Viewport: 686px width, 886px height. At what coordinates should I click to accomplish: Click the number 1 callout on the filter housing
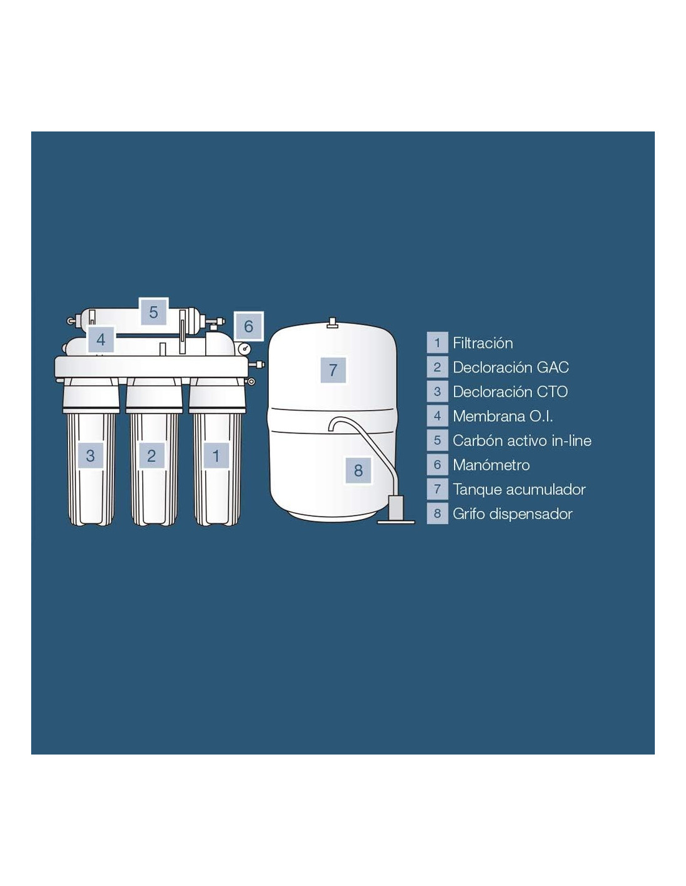[216, 455]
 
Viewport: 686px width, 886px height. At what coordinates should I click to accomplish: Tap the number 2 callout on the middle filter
[152, 455]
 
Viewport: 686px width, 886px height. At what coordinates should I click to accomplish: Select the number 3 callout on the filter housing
[90, 455]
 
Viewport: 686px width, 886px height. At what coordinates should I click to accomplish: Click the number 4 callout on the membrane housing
[101, 339]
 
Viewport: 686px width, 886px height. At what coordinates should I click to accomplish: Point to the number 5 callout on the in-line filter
[153, 312]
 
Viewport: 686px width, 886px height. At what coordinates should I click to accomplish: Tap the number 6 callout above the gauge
[249, 326]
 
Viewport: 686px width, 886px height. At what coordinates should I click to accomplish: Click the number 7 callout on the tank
[334, 370]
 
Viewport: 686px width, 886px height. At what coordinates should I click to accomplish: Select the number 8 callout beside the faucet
[359, 470]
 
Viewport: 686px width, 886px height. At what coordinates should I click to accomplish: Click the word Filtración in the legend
[483, 343]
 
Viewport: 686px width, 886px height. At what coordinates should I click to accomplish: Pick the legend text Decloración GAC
[511, 368]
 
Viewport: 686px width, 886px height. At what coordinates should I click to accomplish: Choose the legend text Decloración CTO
[510, 392]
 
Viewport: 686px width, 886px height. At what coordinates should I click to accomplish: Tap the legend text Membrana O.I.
[503, 416]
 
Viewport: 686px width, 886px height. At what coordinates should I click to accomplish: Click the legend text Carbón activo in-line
[522, 441]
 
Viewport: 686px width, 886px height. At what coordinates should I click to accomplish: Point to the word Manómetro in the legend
[491, 465]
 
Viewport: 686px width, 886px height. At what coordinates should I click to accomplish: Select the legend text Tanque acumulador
[519, 489]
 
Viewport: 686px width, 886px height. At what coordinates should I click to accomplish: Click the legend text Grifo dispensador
[513, 514]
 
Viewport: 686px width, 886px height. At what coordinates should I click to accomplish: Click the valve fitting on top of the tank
[332, 323]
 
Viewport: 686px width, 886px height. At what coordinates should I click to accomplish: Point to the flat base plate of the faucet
[396, 522]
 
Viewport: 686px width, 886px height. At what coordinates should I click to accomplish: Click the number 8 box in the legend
[437, 514]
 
